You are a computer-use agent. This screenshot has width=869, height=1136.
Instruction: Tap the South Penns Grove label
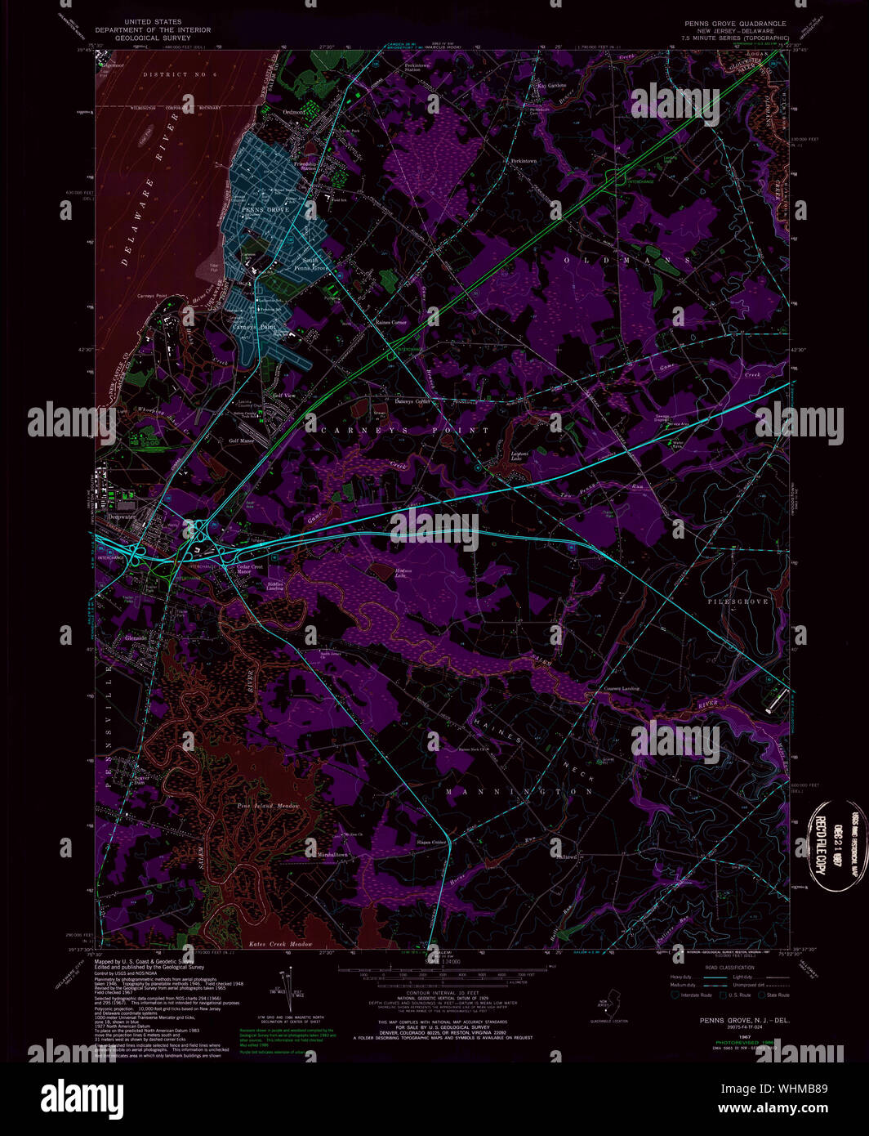310,264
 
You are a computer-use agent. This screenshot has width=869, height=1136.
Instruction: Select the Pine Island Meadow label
268,807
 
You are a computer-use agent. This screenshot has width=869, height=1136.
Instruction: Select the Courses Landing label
621,688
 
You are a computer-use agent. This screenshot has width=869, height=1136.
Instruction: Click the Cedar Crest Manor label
249,569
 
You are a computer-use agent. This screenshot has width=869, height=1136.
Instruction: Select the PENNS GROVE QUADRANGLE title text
735,24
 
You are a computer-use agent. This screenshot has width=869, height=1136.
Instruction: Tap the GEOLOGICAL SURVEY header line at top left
153,38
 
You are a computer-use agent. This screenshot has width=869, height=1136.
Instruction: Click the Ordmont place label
293,112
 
